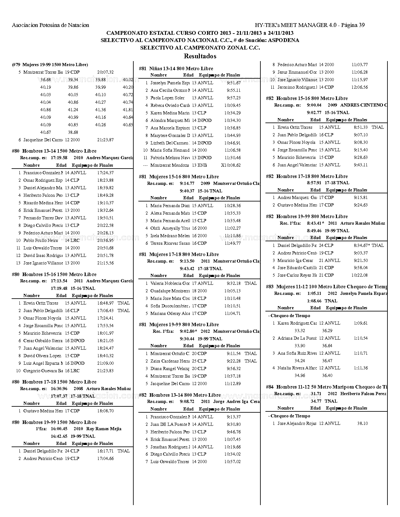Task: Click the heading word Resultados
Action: click(x=200, y=56)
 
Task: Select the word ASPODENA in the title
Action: click(x=284, y=40)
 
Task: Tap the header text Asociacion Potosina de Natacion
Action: click(x=51, y=25)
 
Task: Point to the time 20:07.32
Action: click(x=105, y=72)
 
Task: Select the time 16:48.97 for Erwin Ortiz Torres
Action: click(x=105, y=303)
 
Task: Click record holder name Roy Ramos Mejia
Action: click(x=104, y=429)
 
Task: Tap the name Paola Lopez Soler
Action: click(x=168, y=98)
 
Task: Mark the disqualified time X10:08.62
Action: click(x=231, y=165)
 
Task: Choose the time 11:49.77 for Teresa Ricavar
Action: click(x=232, y=243)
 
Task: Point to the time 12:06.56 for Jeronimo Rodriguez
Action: click(x=360, y=87)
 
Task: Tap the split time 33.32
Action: click(x=300, y=331)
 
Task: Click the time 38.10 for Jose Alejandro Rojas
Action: click(x=362, y=423)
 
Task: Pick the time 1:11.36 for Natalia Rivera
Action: click(x=361, y=368)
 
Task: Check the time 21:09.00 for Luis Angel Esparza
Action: click(x=105, y=363)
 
